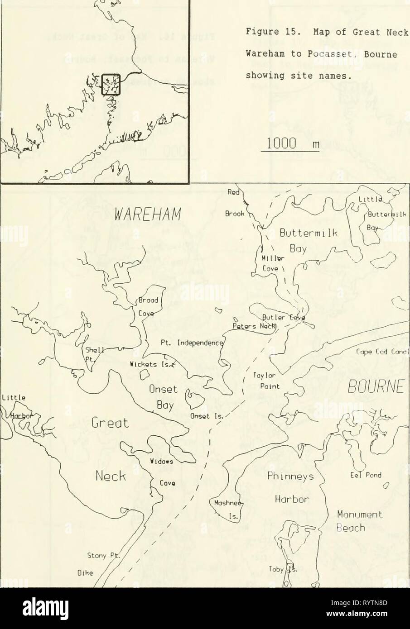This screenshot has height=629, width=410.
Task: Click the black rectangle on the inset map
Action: (x=111, y=84)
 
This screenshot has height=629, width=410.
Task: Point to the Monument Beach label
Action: (x=356, y=521)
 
